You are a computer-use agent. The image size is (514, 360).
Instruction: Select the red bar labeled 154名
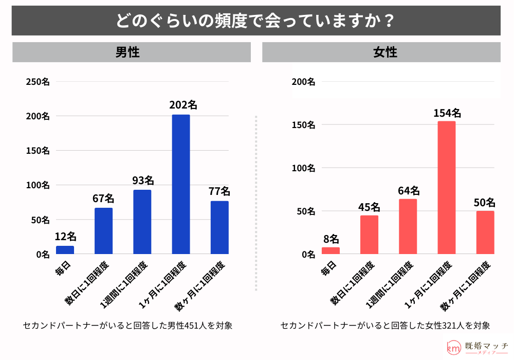click(x=446, y=188)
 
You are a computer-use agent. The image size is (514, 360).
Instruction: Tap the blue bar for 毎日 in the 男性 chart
click(x=65, y=250)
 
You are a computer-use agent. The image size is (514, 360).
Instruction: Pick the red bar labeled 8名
click(x=331, y=250)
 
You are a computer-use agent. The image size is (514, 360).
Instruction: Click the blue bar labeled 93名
click(x=142, y=222)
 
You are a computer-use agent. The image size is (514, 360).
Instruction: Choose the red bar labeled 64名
click(x=408, y=226)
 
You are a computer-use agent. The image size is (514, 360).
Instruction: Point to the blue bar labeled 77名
click(x=219, y=227)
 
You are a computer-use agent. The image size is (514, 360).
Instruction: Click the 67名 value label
click(x=103, y=199)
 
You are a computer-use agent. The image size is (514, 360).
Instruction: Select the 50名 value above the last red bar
click(x=484, y=202)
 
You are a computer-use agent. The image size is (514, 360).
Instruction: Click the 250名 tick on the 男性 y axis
click(x=38, y=82)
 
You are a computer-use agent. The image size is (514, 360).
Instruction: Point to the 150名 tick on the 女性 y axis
click(x=303, y=125)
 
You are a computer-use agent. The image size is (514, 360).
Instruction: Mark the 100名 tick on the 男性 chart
click(x=38, y=185)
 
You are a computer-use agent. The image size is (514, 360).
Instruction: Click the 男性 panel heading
click(x=131, y=52)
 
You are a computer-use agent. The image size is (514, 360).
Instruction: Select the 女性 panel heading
click(x=381, y=52)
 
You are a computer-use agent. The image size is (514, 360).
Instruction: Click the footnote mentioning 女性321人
click(x=385, y=326)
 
